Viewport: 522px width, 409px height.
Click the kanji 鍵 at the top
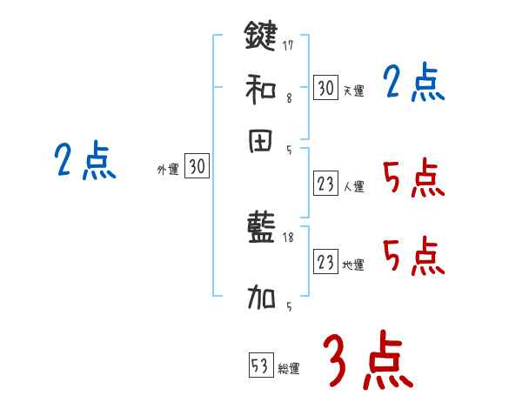[261, 37]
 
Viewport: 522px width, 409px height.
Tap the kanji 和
[261, 88]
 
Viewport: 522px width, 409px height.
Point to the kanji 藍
[261, 228]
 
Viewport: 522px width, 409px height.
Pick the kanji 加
[261, 299]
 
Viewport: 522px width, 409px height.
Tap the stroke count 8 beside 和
[288, 98]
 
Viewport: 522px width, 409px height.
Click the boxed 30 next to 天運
[325, 88]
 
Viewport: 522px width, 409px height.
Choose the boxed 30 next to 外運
[197, 167]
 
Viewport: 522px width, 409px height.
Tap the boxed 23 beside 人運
[325, 184]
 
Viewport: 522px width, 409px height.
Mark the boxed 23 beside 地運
[325, 262]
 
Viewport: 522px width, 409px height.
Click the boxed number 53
[260, 366]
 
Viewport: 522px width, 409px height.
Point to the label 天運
[353, 91]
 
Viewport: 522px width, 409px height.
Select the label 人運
[353, 186]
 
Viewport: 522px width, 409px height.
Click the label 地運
[353, 265]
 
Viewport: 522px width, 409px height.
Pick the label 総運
[289, 369]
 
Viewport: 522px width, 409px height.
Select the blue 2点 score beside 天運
[414, 84]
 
